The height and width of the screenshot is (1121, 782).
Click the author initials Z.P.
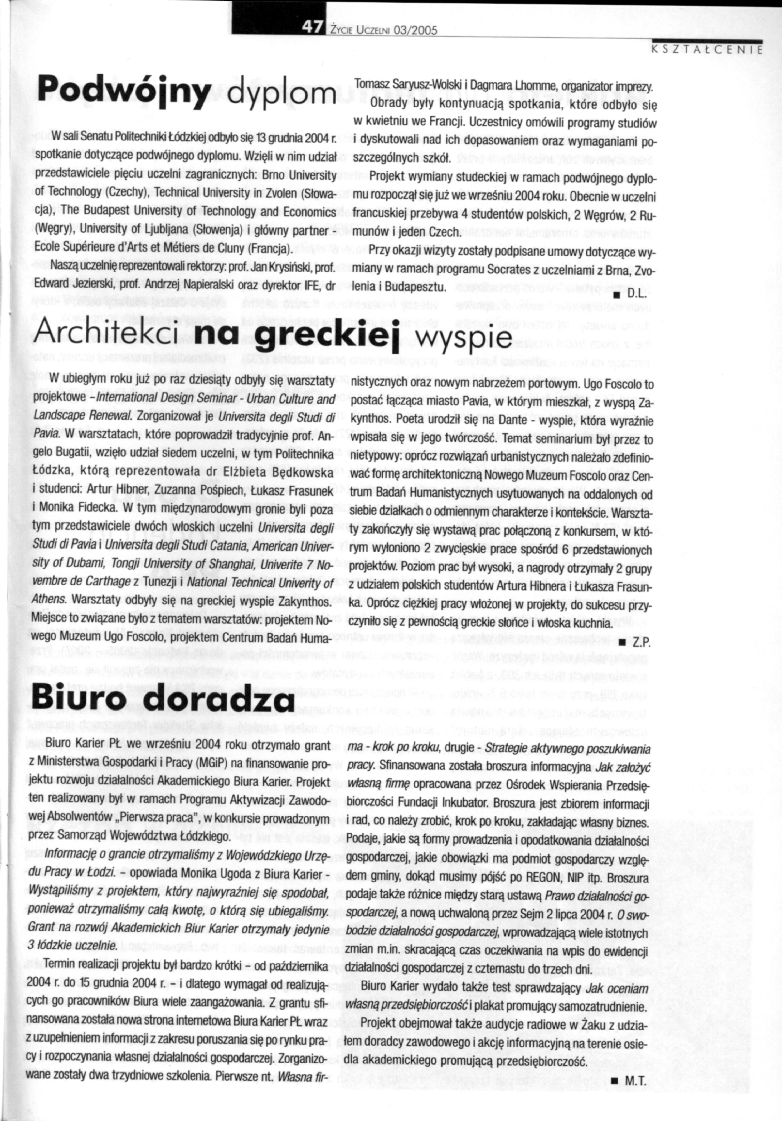tap(642, 644)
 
